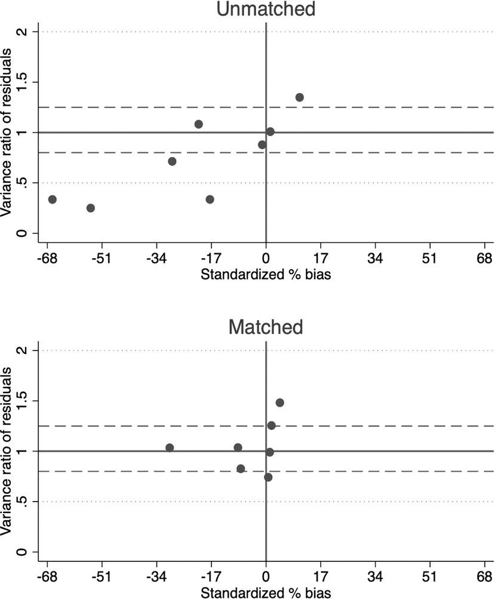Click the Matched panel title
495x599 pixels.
point(266,327)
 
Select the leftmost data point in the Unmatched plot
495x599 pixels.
point(52,199)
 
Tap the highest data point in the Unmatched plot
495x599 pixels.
point(300,97)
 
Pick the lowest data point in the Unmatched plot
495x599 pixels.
point(91,208)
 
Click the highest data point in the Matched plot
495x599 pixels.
point(279,403)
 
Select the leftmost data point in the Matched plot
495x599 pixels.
point(170,448)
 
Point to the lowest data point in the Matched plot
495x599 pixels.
point(268,477)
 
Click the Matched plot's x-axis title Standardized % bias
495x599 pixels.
point(266,593)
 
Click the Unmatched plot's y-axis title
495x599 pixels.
point(7,133)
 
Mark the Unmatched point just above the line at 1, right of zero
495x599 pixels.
point(270,131)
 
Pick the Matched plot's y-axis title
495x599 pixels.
point(7,451)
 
